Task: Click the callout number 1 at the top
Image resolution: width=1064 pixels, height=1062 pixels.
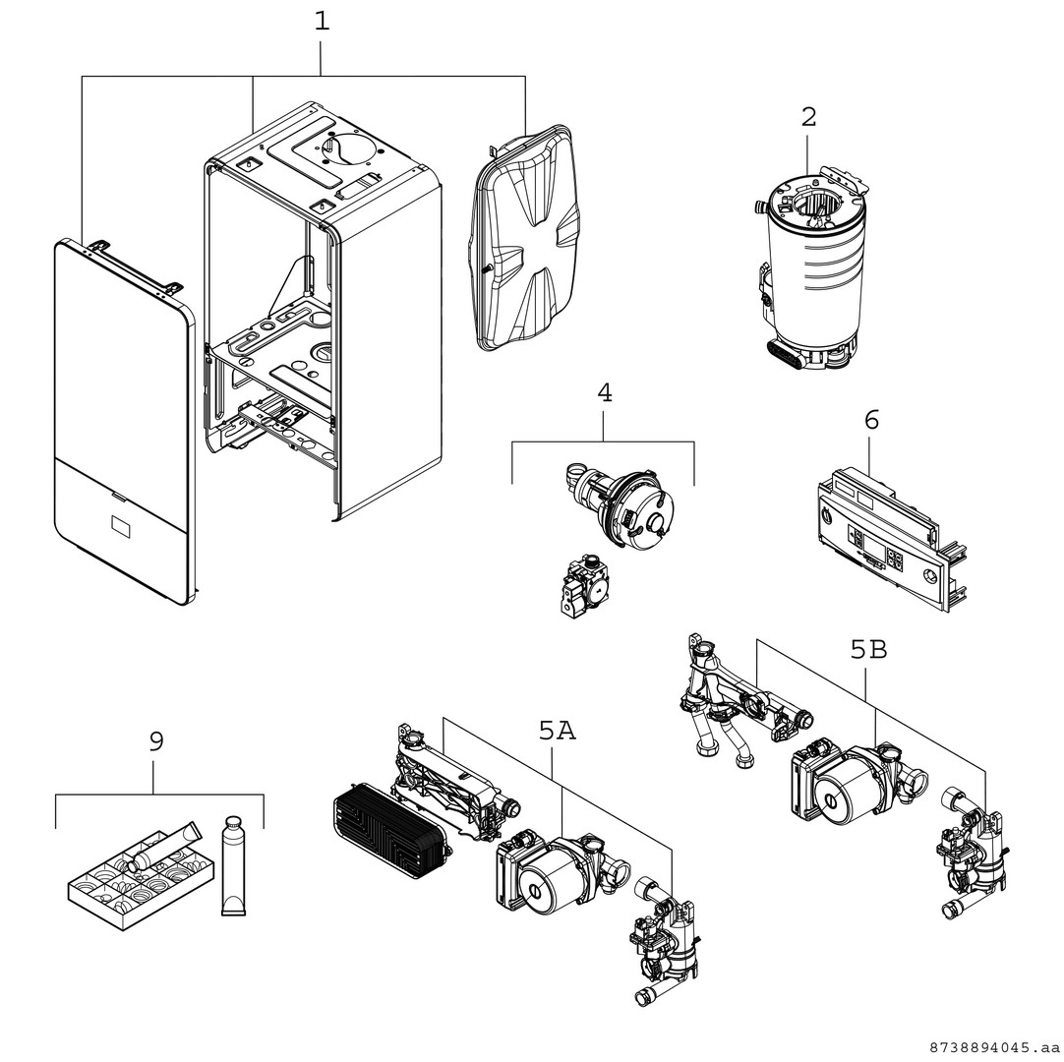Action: [322, 22]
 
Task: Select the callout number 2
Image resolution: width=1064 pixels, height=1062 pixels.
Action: [808, 117]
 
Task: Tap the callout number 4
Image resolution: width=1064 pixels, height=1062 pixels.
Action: [604, 393]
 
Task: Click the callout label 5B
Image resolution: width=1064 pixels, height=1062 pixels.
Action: [868, 650]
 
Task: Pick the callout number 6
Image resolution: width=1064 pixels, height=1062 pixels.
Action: [871, 420]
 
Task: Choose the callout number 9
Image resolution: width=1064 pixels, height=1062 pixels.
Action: [156, 741]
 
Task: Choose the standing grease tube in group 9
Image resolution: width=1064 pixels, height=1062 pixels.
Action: [233, 865]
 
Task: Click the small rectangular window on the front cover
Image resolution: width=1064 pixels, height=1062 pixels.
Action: [121, 526]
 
